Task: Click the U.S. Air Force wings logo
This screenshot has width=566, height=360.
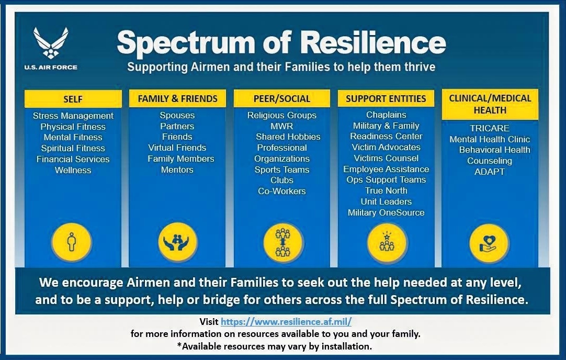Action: [x=51, y=43]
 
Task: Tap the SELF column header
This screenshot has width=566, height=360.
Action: [x=73, y=99]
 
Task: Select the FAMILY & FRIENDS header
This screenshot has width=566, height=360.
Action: [x=177, y=98]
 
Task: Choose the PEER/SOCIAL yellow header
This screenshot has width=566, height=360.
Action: [x=281, y=98]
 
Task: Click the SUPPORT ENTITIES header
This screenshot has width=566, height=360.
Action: [x=386, y=98]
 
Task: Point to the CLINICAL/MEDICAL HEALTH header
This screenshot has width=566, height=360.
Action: [x=490, y=104]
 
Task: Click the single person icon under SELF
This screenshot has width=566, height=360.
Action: [x=72, y=243]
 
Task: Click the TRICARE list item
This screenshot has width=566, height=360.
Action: [x=490, y=128]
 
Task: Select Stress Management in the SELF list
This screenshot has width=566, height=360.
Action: [x=73, y=116]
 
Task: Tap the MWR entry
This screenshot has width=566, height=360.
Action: [x=281, y=126]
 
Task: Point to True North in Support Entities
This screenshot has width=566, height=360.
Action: [x=386, y=190]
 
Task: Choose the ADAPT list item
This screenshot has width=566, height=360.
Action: [x=490, y=172]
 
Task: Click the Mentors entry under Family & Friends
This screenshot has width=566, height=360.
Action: [x=177, y=170]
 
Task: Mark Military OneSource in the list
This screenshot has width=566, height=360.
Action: [x=386, y=212]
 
